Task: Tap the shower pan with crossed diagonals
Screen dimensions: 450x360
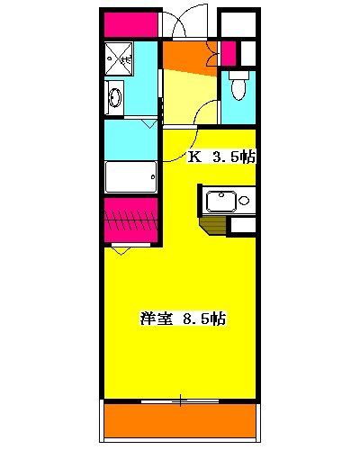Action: click(x=118, y=58)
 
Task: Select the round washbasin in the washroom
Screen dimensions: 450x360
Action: click(x=114, y=95)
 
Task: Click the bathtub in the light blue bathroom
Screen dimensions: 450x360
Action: click(x=131, y=177)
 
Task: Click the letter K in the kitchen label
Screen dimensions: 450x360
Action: click(x=193, y=157)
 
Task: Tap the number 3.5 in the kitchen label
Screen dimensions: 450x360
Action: click(x=225, y=157)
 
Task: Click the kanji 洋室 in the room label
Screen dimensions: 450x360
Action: click(x=156, y=318)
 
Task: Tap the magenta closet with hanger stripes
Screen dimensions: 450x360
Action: click(x=131, y=221)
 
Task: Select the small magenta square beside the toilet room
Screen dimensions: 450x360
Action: click(x=228, y=51)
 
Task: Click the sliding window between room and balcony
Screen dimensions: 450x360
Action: click(x=180, y=398)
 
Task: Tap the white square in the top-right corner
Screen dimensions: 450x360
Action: click(x=238, y=24)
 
